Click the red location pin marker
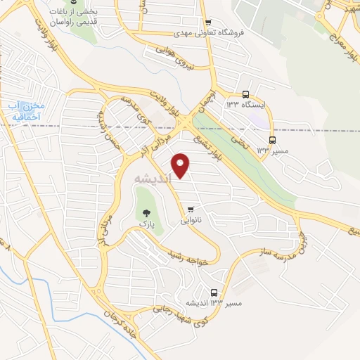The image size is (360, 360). click(181, 165)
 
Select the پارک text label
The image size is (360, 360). click(146, 224)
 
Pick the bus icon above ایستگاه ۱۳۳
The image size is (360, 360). click(245, 94)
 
